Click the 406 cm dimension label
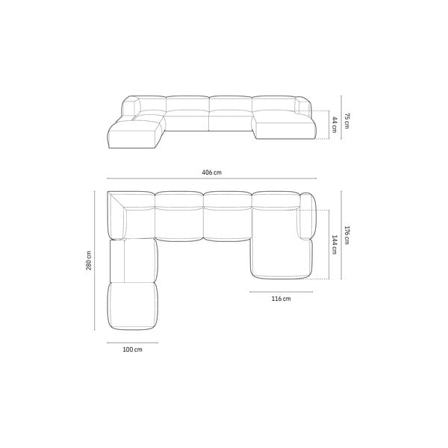pyautogui.click(x=211, y=172)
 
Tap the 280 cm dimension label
pyautogui.click(x=89, y=261)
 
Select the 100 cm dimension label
pyautogui.click(x=132, y=349)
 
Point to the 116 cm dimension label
pyautogui.click(x=281, y=299)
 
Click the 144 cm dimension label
pyautogui.click(x=334, y=245)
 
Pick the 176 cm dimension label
pyautogui.click(x=346, y=235)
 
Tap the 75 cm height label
pyautogui.click(x=346, y=121)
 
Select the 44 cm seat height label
pyautogui.click(x=334, y=125)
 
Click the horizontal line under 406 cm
pyautogui.click(x=212, y=178)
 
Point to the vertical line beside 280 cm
pyautogui.click(x=95, y=261)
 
